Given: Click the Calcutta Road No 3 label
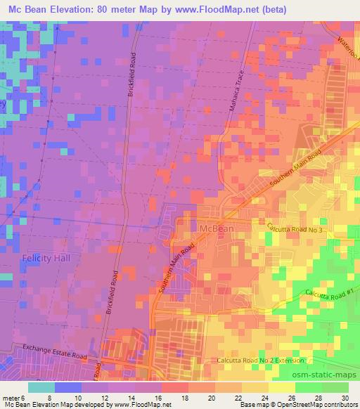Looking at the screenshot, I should pyautogui.click(x=295, y=230).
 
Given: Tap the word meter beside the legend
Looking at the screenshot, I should pyautogui.click(x=12, y=398).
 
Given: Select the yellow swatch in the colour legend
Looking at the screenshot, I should pyautogui.click(x=282, y=387).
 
